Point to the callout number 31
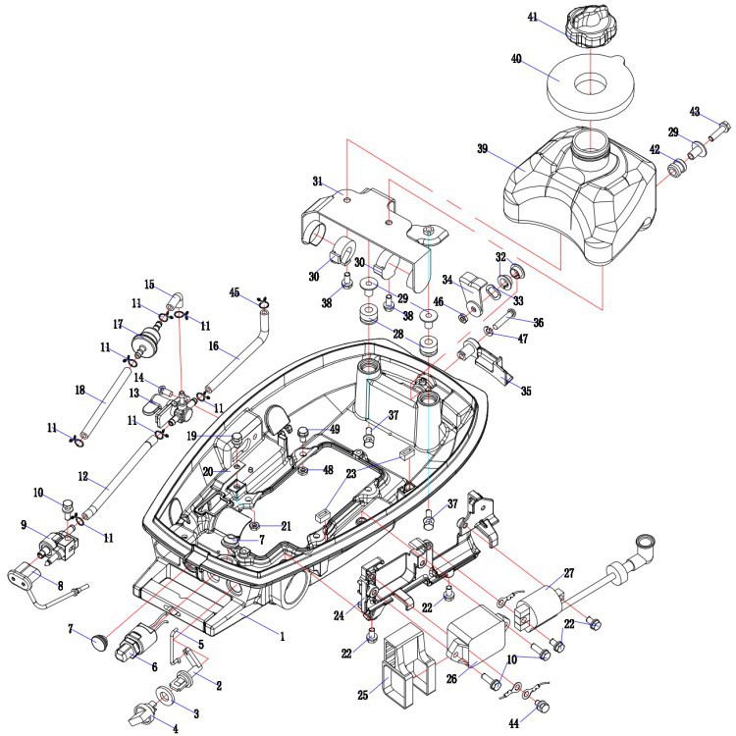[317, 181]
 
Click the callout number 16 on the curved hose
[213, 346]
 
